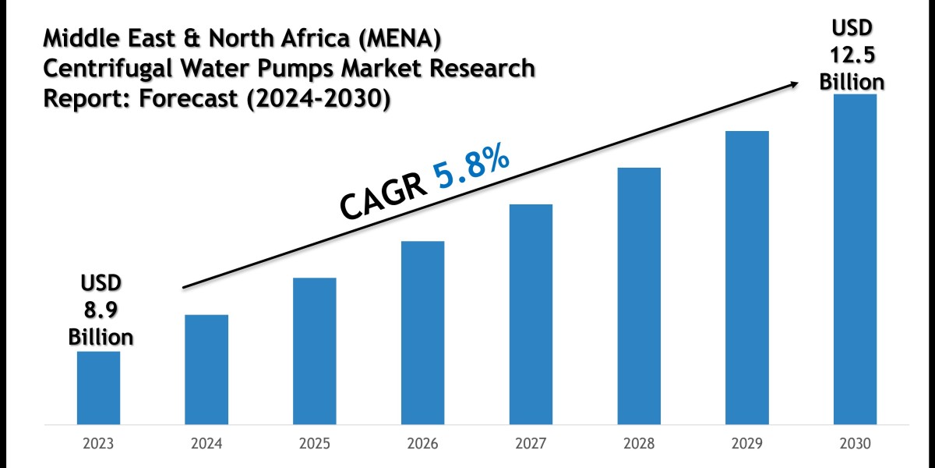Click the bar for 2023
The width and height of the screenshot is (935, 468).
[x=98, y=388]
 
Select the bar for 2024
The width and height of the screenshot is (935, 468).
[x=206, y=370]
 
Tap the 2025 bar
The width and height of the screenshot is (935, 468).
[x=315, y=351]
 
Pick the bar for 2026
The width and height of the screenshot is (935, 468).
[x=423, y=333]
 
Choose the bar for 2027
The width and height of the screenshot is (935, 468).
[x=531, y=314]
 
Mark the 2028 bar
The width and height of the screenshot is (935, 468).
[x=639, y=296]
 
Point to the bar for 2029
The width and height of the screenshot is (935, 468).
[x=747, y=278]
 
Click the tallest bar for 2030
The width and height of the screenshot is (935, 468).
[x=856, y=260]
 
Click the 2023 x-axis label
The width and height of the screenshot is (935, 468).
[x=98, y=444]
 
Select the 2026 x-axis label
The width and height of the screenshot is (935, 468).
[x=423, y=444]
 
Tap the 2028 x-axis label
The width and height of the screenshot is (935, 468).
[x=639, y=444]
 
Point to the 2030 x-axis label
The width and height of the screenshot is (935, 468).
[x=856, y=444]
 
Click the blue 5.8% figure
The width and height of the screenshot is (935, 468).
[x=472, y=171]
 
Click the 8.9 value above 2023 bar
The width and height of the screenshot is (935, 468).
[x=100, y=310]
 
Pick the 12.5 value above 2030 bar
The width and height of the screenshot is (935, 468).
[x=851, y=55]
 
